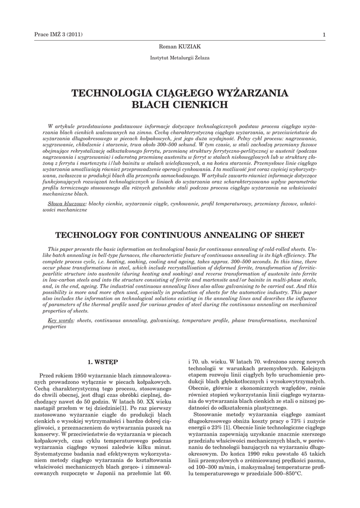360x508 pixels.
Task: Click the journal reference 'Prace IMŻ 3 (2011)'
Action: pos(58,34)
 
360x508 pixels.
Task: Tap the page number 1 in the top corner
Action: pos(324,34)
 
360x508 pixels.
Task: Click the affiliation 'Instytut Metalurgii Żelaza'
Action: pos(180,58)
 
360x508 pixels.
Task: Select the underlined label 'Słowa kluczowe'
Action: pos(67,204)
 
